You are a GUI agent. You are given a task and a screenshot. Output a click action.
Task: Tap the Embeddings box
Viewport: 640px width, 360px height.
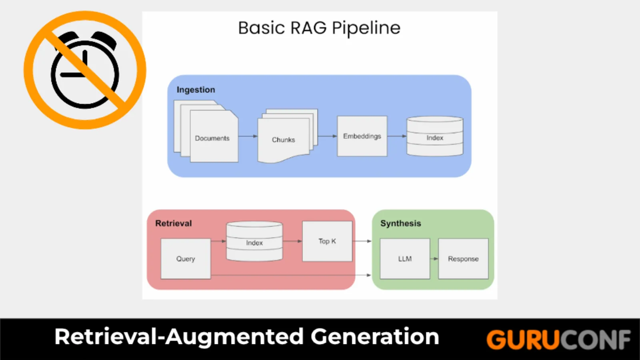(x=362, y=136)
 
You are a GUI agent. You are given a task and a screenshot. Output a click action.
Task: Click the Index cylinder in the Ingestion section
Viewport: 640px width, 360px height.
(x=435, y=136)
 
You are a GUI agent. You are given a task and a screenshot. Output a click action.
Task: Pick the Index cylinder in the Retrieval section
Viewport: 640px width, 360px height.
(x=254, y=241)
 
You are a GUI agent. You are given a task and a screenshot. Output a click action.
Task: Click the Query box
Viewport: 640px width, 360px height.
(x=186, y=258)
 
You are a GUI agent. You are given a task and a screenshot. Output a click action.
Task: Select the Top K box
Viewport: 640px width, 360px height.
(x=327, y=241)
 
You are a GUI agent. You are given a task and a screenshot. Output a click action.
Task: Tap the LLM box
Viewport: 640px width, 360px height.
(x=405, y=258)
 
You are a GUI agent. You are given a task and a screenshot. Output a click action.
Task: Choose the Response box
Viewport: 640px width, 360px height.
(x=463, y=258)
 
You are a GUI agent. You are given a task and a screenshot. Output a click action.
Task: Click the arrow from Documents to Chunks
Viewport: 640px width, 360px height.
(x=248, y=136)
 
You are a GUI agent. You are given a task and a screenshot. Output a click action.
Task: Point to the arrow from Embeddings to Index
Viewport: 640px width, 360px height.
(x=397, y=136)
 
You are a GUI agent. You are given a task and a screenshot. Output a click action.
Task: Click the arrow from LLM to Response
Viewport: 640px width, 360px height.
(x=434, y=259)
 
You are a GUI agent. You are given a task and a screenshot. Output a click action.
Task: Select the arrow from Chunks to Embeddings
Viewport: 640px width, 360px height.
(x=328, y=136)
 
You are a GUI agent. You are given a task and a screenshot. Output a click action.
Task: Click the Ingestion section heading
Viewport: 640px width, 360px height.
(x=196, y=90)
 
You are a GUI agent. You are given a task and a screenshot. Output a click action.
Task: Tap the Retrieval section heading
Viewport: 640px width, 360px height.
(x=174, y=223)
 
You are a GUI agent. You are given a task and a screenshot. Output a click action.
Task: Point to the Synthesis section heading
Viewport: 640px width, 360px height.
(x=400, y=224)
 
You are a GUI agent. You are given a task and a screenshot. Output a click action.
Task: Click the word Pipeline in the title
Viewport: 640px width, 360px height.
(x=366, y=28)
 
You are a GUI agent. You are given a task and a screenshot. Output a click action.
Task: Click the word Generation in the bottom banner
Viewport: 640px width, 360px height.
(x=375, y=337)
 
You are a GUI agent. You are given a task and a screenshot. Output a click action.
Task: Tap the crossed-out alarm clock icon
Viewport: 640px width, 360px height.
(x=85, y=70)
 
